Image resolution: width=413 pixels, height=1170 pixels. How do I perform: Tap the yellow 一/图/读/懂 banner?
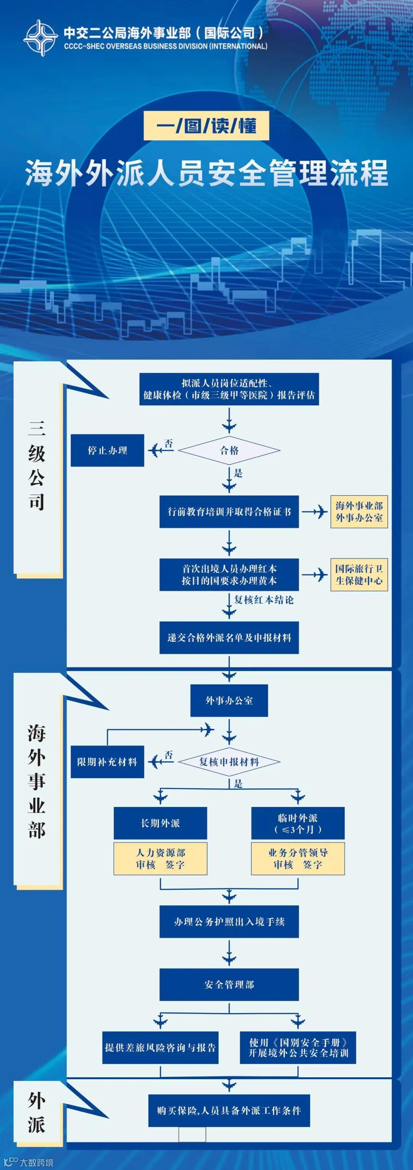point(206,126)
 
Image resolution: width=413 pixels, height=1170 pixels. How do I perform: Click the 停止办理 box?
point(107,450)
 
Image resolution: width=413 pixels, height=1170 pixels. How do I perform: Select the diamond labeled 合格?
point(229,450)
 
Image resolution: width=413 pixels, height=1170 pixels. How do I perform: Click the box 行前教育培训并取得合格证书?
point(229,512)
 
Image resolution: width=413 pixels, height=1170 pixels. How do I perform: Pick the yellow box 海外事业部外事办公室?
point(359,512)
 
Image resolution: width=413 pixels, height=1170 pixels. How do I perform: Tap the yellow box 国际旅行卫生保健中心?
point(359,575)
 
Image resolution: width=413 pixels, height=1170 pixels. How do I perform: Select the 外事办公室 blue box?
point(229,700)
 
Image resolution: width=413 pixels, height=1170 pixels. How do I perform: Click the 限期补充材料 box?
point(107,762)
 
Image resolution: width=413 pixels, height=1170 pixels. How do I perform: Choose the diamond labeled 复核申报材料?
point(229,762)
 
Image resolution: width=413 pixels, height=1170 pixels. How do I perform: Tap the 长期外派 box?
point(160,823)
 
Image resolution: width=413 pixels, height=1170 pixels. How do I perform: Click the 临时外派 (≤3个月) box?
point(298,823)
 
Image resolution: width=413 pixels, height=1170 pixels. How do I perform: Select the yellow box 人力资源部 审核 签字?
point(160,859)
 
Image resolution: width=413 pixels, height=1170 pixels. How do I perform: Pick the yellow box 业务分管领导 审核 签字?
point(298,859)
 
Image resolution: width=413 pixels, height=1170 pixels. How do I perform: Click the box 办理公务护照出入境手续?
point(229,921)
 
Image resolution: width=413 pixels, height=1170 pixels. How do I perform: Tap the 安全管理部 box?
point(229,984)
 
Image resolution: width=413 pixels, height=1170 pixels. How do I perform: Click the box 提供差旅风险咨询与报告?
point(160,1047)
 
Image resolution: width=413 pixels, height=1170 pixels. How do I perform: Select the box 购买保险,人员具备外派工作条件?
point(229,1110)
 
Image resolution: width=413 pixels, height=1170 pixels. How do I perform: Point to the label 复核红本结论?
point(264,600)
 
